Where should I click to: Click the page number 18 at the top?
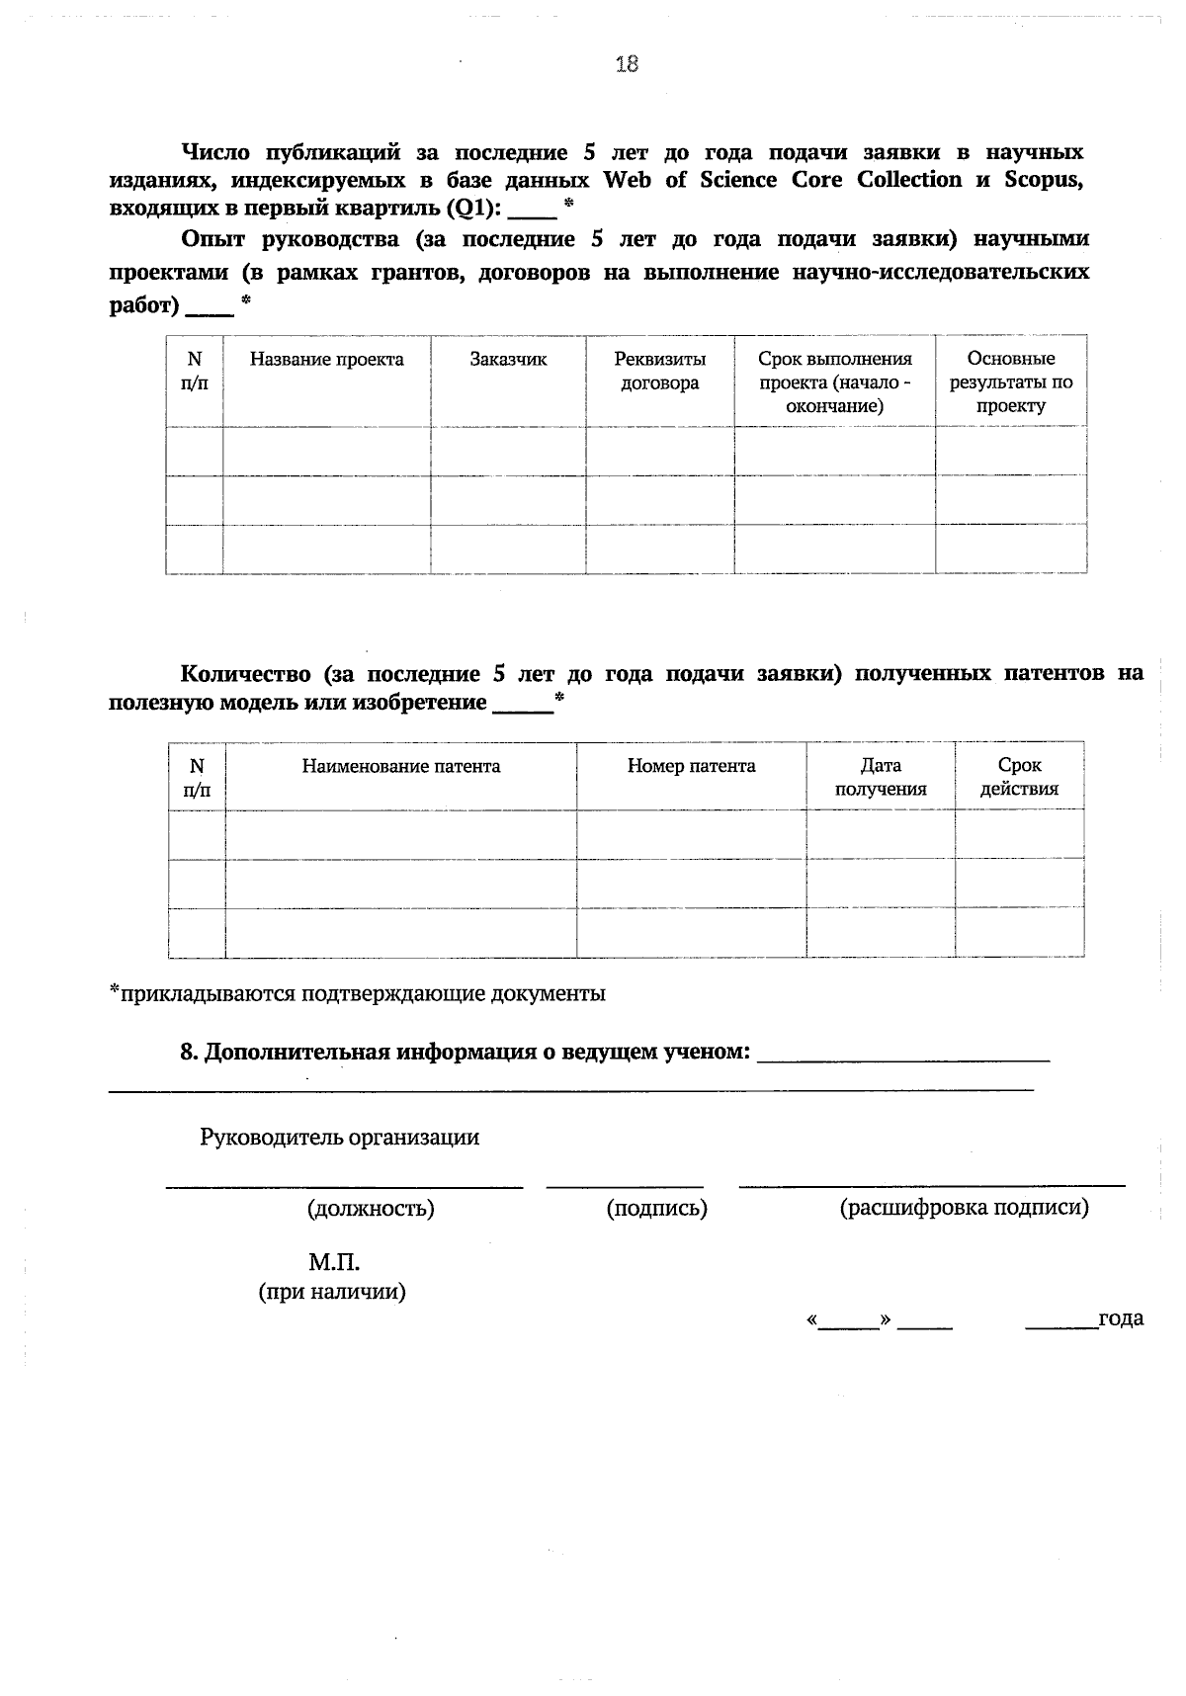pos(627,64)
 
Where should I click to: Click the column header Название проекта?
pos(326,360)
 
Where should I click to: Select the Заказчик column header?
pos(508,360)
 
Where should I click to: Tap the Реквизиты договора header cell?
pos(659,372)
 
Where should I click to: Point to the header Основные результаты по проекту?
pos(1011,382)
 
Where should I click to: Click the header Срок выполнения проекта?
pos(834,382)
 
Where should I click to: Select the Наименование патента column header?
pos(400,767)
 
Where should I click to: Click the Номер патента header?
pos(691,767)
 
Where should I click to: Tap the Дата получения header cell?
pos(880,778)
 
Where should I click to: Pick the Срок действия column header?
pos(1019,778)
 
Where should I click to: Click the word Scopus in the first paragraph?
pos(1044,180)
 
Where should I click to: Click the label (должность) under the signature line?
pos(371,1208)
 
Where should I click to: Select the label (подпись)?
pos(656,1208)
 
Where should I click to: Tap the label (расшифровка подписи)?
pos(964,1208)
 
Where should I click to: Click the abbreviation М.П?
pos(333,1263)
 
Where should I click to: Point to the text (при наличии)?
pos(332,1292)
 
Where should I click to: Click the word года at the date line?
pos(1121,1318)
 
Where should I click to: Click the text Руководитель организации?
pos(339,1138)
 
